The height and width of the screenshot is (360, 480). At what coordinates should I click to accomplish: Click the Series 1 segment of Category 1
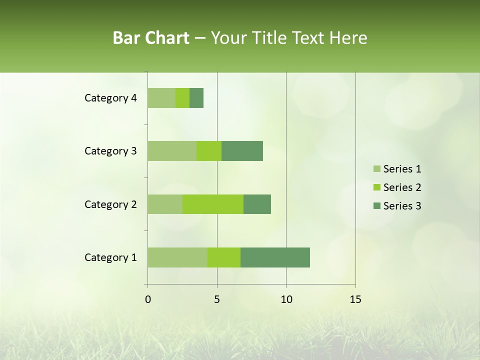[x=177, y=257]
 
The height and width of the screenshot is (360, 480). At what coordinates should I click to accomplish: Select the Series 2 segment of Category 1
[x=224, y=257]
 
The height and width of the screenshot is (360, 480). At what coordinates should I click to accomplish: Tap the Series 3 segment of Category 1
[x=275, y=257]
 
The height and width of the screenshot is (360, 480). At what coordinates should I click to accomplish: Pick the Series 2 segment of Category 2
[x=213, y=204]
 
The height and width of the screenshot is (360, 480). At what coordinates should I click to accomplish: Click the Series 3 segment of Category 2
[x=257, y=204]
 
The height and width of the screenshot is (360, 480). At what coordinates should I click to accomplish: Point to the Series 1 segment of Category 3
[x=172, y=151]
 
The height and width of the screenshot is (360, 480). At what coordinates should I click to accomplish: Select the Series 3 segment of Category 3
[x=242, y=151]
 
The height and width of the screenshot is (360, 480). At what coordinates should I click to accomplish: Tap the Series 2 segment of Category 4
[x=182, y=98]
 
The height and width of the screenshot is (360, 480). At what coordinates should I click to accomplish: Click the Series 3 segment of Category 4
[x=196, y=98]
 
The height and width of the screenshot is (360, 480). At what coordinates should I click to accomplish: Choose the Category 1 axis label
[x=110, y=257]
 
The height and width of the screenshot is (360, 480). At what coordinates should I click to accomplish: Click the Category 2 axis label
[x=110, y=204]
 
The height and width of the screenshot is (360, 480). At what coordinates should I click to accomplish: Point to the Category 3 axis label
[x=110, y=151]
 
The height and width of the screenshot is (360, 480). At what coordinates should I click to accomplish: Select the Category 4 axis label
[x=110, y=98]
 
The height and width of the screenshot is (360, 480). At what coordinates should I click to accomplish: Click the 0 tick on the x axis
[x=148, y=299]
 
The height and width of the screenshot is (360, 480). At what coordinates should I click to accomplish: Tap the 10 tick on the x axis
[x=286, y=299]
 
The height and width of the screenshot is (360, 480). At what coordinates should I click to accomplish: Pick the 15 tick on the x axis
[x=355, y=299]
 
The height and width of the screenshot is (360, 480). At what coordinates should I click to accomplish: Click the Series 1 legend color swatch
[x=376, y=169]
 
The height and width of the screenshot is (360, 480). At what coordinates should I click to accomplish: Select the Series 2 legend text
[x=402, y=187]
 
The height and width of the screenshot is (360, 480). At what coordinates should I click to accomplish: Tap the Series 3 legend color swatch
[x=376, y=206]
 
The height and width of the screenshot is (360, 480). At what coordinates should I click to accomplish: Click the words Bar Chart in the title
[x=151, y=38]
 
